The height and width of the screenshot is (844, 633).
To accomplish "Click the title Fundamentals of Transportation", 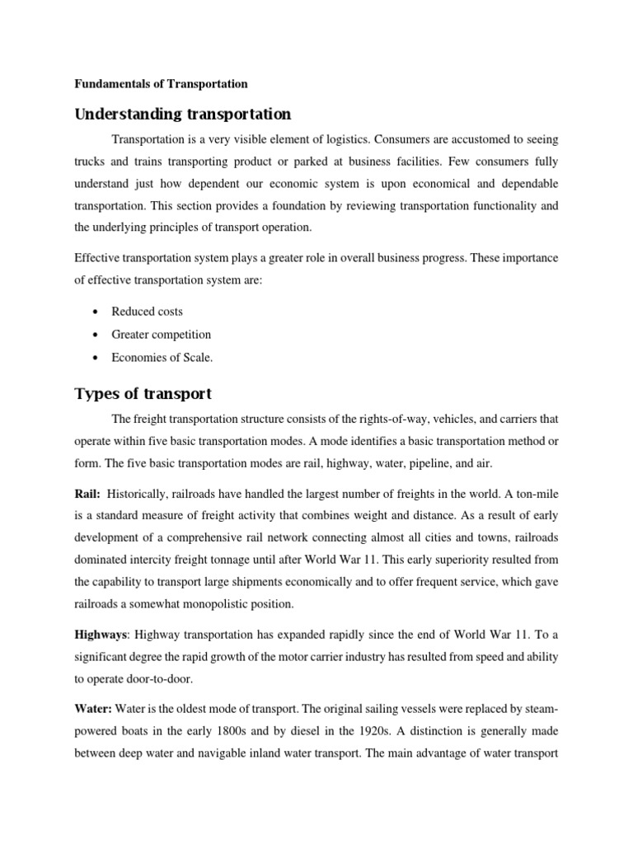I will tap(162, 83).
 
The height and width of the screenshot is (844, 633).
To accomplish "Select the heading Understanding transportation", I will tap(183, 113).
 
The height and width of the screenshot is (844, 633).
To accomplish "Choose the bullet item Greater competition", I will tap(163, 335).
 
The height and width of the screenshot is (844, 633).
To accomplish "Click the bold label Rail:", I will tap(89, 494).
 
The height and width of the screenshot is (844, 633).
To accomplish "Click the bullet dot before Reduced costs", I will tap(97, 312).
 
